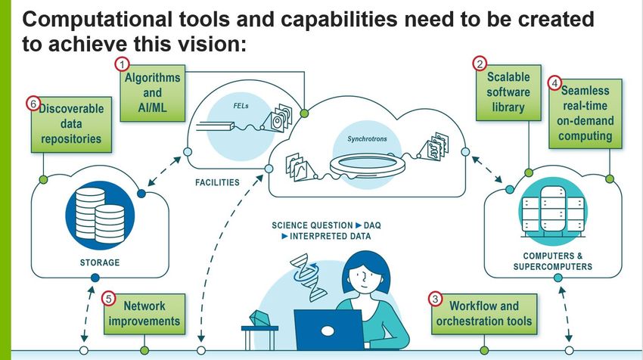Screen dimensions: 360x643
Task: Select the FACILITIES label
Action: (216, 182)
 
